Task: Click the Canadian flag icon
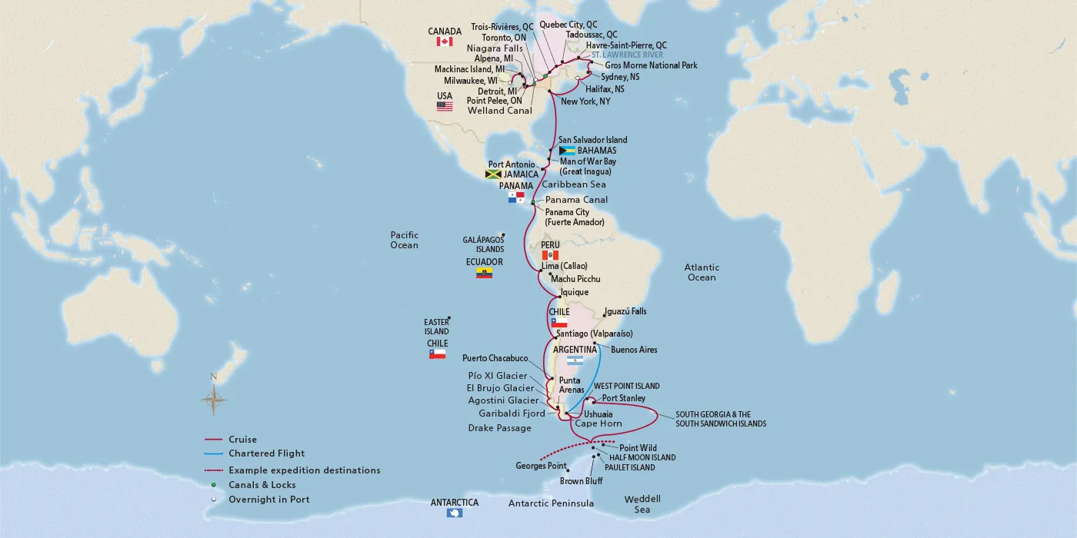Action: (x=444, y=42)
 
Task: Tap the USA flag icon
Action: (x=445, y=107)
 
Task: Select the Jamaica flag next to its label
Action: (x=493, y=174)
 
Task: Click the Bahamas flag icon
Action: (x=568, y=151)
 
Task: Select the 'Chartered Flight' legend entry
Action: (x=266, y=453)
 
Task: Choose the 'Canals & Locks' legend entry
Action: (x=262, y=485)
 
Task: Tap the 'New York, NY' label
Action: (x=585, y=101)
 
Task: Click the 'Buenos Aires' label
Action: (x=634, y=350)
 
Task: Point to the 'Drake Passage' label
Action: (x=499, y=428)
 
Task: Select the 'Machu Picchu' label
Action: (x=575, y=278)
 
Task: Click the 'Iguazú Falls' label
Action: (x=625, y=311)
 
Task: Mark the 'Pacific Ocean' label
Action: (x=404, y=240)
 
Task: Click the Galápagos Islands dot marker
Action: (x=502, y=235)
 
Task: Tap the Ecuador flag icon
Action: (x=484, y=273)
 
